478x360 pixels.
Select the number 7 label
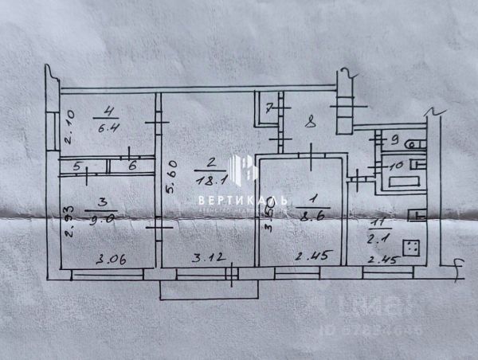pos(269,107)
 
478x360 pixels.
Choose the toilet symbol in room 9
pos(411,144)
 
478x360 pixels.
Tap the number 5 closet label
pos(77,167)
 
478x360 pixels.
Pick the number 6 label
pos(132,166)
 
